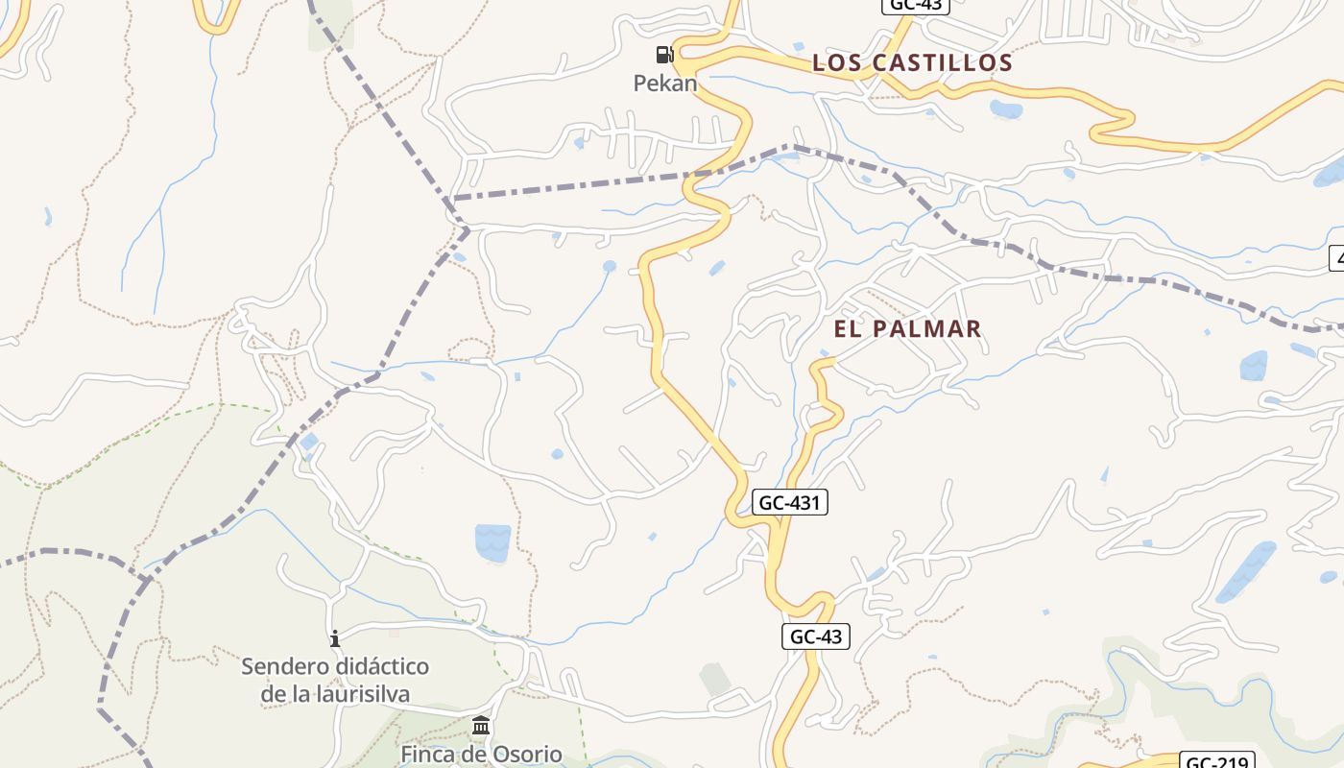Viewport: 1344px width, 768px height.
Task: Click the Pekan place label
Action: [x=664, y=84]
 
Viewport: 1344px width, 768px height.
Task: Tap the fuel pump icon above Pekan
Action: [x=664, y=54]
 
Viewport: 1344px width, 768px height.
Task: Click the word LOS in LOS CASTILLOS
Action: [x=841, y=63]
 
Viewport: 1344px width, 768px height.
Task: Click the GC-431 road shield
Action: [x=789, y=502]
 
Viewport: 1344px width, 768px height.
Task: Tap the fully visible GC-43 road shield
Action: [x=816, y=636]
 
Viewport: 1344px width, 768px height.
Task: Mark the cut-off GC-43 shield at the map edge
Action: [x=915, y=6]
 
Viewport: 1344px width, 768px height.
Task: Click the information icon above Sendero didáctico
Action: [x=335, y=638]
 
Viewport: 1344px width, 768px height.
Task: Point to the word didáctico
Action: [x=381, y=666]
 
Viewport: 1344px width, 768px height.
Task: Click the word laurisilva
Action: [x=363, y=693]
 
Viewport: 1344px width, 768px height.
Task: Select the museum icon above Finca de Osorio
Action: [x=481, y=725]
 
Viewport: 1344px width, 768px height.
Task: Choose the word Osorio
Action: [x=526, y=754]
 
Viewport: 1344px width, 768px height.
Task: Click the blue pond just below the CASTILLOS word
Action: [x=1005, y=108]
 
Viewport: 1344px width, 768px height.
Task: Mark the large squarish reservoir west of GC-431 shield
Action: [x=492, y=542]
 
